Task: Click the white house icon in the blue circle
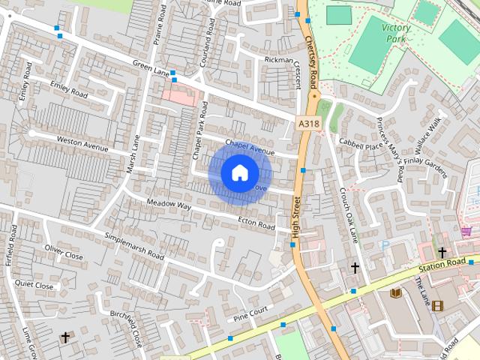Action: tap(239, 172)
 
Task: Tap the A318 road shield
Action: tap(307, 123)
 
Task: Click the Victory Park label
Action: tap(396, 32)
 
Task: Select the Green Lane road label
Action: tap(151, 67)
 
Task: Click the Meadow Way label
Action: tap(169, 204)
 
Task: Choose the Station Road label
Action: tap(443, 265)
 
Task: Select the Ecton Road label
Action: tap(256, 223)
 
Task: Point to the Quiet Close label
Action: tap(34, 285)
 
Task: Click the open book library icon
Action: tap(396, 293)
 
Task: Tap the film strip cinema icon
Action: tap(437, 305)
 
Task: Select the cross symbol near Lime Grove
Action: tap(65, 337)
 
